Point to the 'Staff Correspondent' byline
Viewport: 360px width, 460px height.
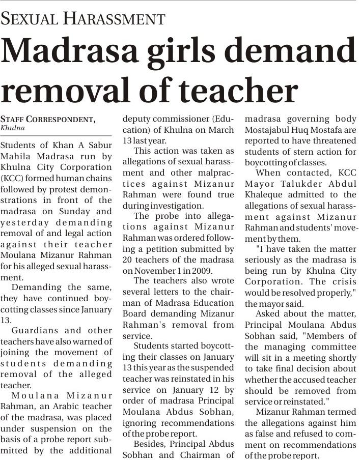[x=48, y=119]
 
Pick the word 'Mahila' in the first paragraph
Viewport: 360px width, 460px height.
[x=17, y=156]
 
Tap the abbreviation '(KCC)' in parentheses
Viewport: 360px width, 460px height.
[x=11, y=178]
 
